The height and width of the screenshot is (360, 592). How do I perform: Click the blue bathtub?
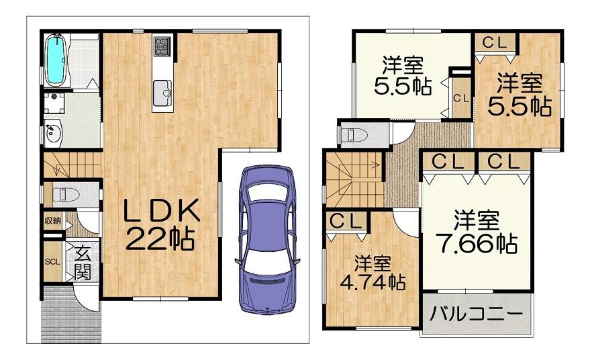[x=56, y=60]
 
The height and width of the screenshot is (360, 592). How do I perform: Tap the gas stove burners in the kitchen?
[x=162, y=45]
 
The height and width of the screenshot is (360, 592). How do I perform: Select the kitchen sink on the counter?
[x=162, y=93]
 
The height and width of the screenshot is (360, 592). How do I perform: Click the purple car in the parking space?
[x=268, y=240]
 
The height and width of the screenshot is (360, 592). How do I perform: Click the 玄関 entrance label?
[x=83, y=263]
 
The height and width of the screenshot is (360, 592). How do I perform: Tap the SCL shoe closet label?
[x=52, y=261]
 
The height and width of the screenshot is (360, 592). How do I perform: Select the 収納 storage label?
[x=53, y=220]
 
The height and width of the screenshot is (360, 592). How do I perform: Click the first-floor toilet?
[x=65, y=195]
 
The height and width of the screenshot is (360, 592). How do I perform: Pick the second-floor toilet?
[x=354, y=134]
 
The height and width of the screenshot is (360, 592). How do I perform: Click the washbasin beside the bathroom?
[x=53, y=132]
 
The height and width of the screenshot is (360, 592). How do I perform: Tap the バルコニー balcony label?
[x=477, y=313]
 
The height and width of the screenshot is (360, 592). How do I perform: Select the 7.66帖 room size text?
[x=477, y=244]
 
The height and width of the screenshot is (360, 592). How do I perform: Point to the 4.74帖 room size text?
[x=373, y=281]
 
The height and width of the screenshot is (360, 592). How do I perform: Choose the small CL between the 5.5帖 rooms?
[x=461, y=98]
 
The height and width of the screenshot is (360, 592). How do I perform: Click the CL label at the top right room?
[x=495, y=43]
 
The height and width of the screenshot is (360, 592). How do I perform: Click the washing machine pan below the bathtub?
[x=54, y=103]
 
